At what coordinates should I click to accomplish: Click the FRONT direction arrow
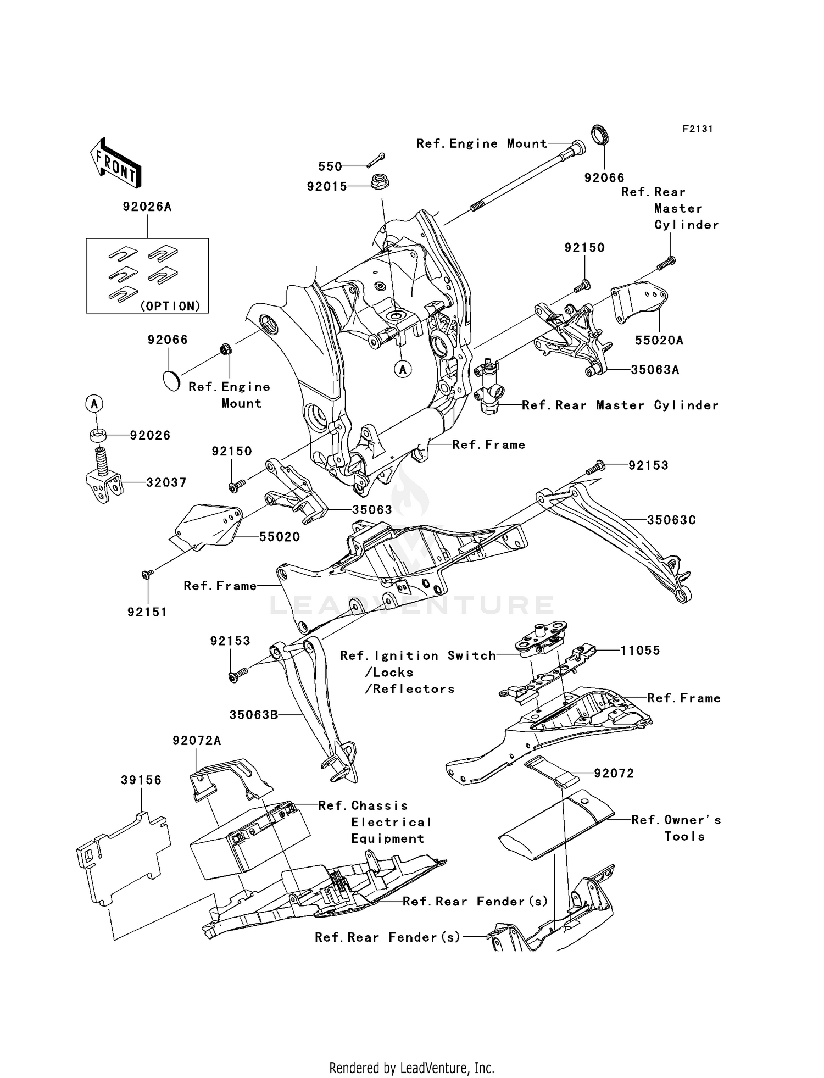click(x=115, y=163)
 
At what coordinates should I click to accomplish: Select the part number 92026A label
click(x=147, y=207)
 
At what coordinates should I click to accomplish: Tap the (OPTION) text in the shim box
click(x=170, y=306)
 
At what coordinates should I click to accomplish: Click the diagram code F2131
click(x=697, y=129)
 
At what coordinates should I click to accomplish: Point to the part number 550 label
click(x=330, y=166)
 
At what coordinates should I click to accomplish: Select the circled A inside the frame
click(x=403, y=370)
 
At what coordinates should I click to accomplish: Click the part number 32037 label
click(x=166, y=483)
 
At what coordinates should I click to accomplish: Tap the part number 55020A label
click(x=659, y=341)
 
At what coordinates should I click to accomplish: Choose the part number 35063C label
click(x=671, y=520)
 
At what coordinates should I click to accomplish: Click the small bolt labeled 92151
click(x=147, y=574)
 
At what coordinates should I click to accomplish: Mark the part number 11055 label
click(x=640, y=651)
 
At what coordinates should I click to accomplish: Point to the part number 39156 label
click(x=141, y=780)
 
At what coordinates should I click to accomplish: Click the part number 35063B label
click(x=253, y=715)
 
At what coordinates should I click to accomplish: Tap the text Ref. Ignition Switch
click(x=417, y=656)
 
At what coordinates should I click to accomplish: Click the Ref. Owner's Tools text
click(x=676, y=820)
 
